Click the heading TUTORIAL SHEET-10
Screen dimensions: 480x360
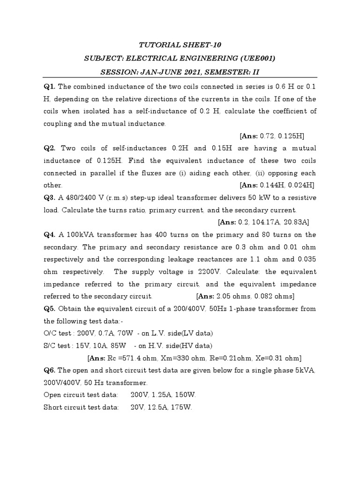pos(180,45)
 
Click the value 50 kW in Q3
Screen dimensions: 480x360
pos(254,197)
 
